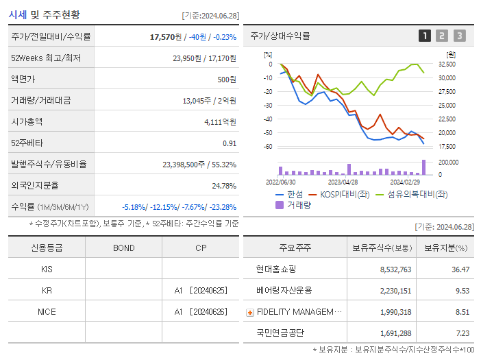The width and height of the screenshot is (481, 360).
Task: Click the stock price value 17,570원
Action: [164, 37]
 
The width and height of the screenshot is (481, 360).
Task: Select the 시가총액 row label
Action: [27, 122]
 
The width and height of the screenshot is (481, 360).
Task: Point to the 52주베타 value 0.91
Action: [229, 143]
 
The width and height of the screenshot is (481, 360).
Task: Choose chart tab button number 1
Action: [425, 36]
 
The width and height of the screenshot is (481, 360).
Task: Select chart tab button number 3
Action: [459, 36]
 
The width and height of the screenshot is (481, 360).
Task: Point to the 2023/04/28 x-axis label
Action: [343, 182]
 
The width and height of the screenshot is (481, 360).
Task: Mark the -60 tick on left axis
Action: [267, 147]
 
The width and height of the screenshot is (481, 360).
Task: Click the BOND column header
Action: [123, 248]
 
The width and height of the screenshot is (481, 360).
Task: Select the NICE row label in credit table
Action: [47, 311]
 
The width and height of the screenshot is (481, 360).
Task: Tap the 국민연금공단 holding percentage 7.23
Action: [463, 333]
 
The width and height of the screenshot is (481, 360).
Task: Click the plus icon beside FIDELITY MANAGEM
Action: [250, 313]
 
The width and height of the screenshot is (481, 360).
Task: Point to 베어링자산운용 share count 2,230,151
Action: [395, 291]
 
